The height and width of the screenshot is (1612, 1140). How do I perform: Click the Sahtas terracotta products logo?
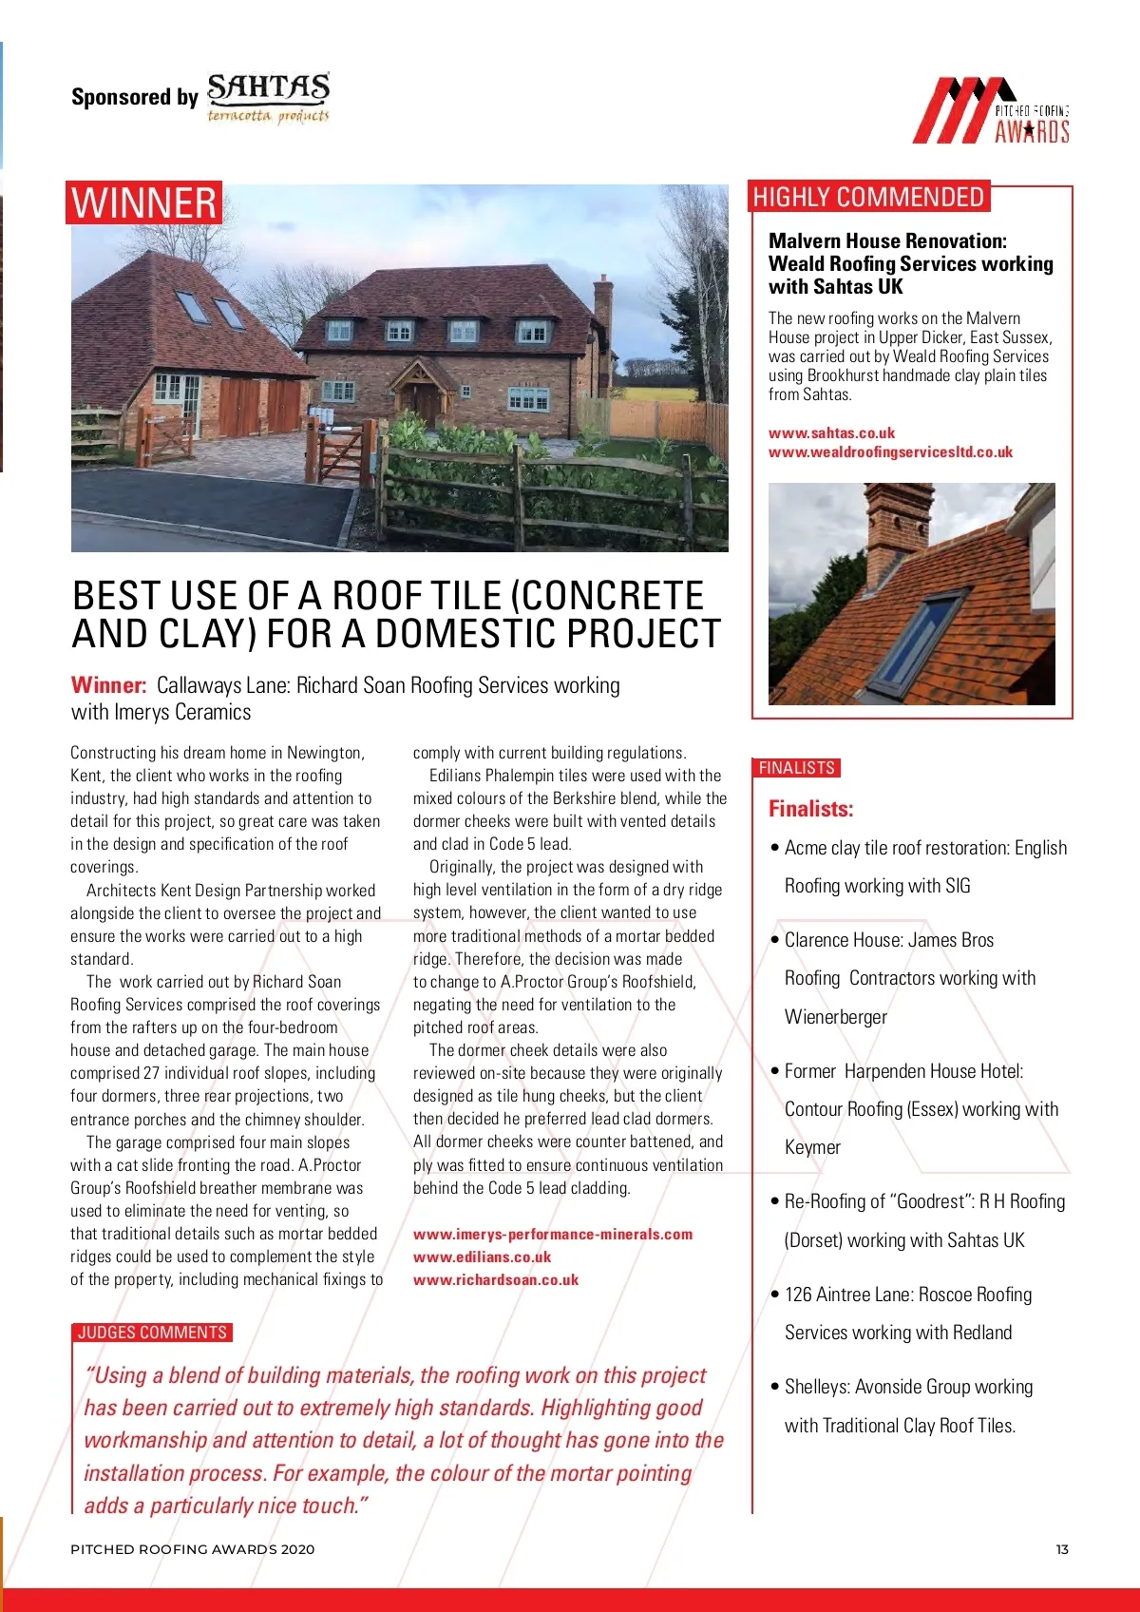click(x=269, y=98)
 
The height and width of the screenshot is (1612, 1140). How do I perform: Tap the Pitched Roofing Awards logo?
click(x=992, y=111)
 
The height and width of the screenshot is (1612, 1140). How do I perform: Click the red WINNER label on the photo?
click(x=143, y=202)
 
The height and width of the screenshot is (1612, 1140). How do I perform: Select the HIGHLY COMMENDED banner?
click(x=868, y=197)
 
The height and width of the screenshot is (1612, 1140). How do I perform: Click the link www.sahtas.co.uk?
click(x=831, y=432)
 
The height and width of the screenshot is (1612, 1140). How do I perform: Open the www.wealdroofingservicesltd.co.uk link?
click(x=890, y=452)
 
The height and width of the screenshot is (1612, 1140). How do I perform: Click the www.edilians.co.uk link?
click(x=482, y=1257)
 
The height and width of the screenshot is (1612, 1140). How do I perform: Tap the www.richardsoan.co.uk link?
click(x=495, y=1279)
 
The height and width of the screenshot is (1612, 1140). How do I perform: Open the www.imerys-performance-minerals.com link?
click(x=553, y=1234)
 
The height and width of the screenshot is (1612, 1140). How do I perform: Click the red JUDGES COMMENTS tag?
click(x=152, y=1333)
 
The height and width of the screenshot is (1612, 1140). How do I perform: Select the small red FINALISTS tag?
click(x=796, y=768)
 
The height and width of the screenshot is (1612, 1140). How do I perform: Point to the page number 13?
click(x=1062, y=1549)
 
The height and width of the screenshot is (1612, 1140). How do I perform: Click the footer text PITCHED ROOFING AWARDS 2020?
click(x=192, y=1549)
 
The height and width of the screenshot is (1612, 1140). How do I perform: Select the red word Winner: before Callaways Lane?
click(x=108, y=685)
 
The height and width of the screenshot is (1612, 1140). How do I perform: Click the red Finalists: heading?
click(x=810, y=809)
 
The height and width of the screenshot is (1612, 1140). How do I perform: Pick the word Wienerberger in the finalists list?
click(x=835, y=1017)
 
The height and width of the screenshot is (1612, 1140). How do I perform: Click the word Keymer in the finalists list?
click(x=812, y=1147)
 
